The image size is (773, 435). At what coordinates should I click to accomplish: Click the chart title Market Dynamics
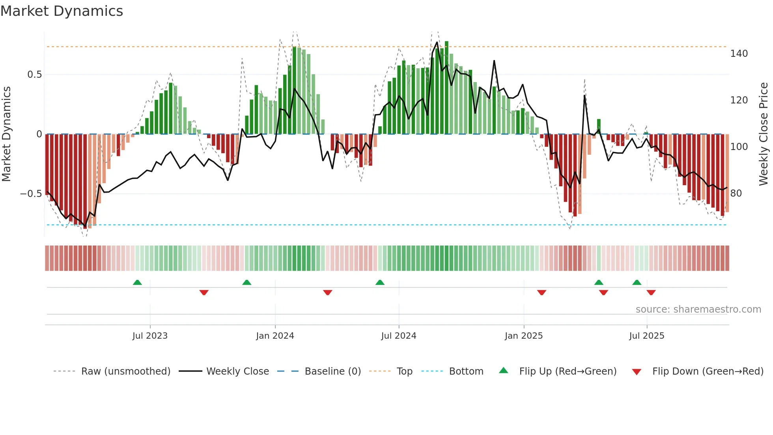62,11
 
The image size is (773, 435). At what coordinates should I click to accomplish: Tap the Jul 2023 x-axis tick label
150,336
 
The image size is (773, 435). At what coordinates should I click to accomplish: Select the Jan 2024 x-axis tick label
275,336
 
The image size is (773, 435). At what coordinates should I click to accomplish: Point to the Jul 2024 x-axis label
398,336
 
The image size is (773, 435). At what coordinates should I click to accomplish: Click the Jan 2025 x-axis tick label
523,336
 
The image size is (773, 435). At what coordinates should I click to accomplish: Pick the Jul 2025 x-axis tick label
646,336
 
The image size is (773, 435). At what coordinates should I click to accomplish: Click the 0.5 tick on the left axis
34,75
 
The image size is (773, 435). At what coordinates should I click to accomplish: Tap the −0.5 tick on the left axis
31,194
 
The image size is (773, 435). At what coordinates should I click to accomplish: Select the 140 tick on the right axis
739,54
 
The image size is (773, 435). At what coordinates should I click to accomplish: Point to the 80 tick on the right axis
736,193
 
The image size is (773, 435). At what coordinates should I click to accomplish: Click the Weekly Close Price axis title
764,134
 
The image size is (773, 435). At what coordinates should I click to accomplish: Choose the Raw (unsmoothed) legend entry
125,371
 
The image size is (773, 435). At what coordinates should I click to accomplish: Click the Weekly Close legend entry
237,371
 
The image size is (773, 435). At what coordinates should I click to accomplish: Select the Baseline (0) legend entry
332,371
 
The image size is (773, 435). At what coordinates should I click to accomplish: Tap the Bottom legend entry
466,371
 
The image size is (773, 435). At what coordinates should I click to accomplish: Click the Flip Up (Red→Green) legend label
568,371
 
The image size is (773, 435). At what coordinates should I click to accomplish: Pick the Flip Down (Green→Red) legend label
708,371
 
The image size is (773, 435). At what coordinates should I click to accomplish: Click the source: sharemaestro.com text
698,309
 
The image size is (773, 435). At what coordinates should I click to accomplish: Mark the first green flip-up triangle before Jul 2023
137,282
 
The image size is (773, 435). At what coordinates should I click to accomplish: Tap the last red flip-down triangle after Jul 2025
651,292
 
